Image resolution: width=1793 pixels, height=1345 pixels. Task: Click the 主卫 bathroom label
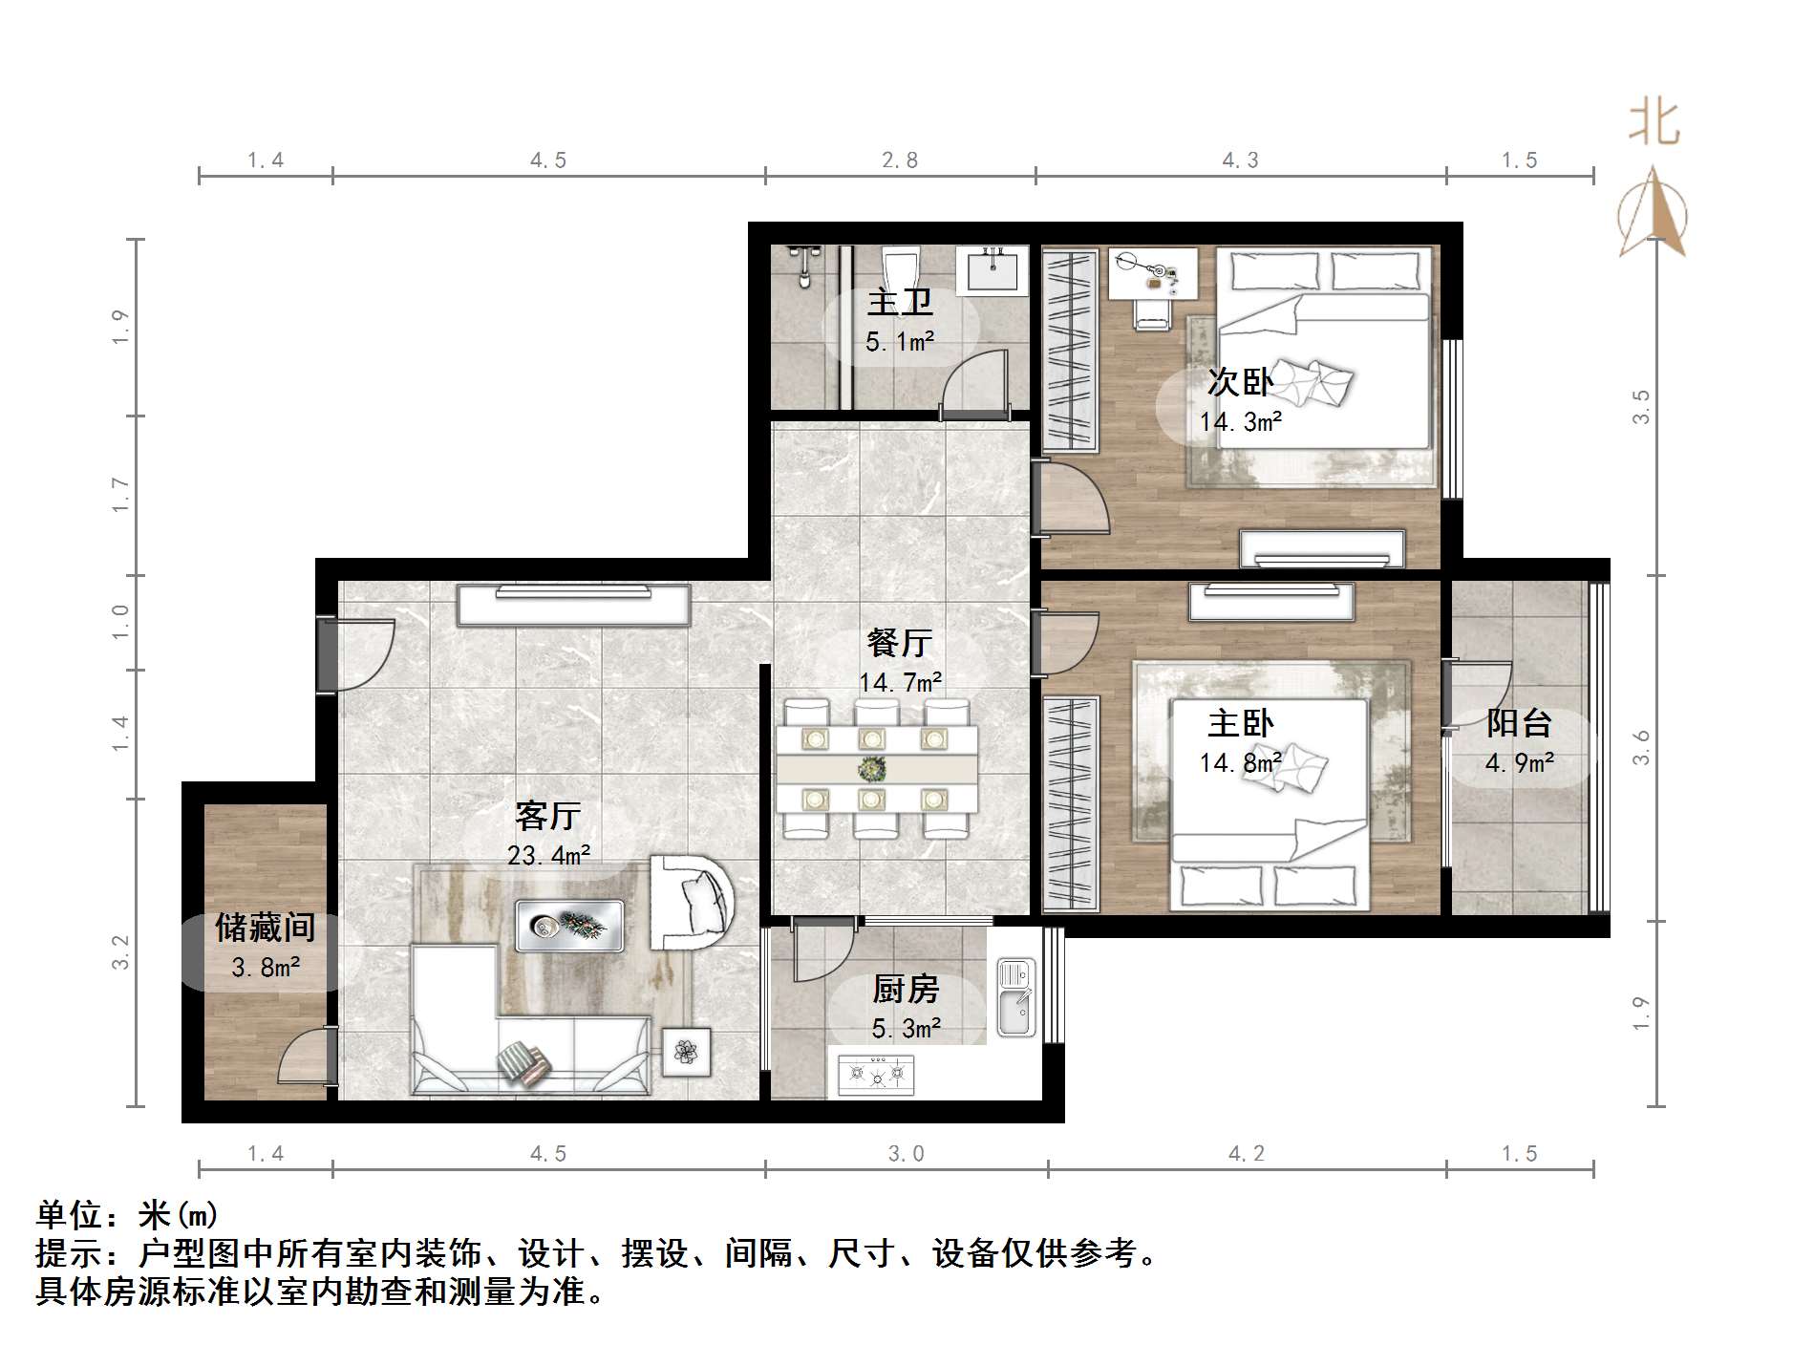(x=899, y=303)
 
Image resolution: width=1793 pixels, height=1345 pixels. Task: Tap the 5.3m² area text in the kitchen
(x=906, y=1028)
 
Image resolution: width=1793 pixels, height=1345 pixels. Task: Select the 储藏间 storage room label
(x=265, y=927)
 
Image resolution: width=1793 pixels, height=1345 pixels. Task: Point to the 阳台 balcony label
(x=1518, y=723)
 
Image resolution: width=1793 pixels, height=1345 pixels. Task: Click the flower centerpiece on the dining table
(x=871, y=768)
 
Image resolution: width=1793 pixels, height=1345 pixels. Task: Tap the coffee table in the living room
(x=569, y=925)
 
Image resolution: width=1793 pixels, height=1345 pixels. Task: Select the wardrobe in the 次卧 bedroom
(x=1070, y=350)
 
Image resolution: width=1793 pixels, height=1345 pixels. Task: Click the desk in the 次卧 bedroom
(x=1152, y=271)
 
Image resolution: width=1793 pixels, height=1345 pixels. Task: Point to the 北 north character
(x=1654, y=124)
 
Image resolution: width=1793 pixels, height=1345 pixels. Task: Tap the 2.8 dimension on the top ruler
(x=899, y=160)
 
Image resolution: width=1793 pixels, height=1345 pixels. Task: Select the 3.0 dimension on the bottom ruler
(x=906, y=1154)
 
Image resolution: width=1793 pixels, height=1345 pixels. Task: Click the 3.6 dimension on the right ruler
(x=1641, y=747)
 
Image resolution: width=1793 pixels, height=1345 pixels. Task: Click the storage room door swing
(x=305, y=1056)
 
